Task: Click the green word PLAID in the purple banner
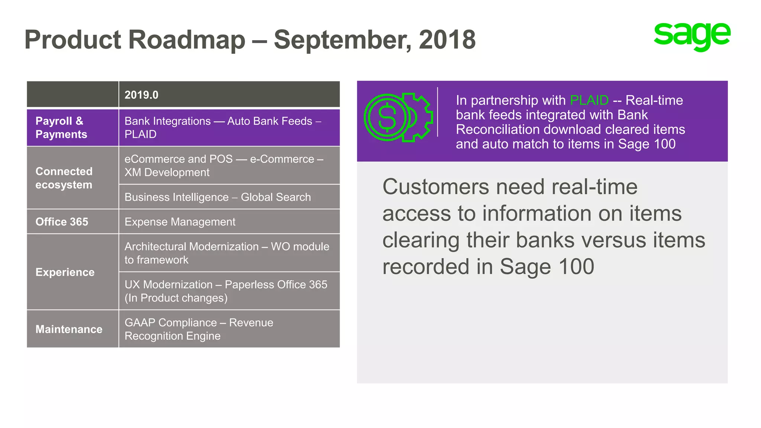589,100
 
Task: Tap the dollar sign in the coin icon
387,117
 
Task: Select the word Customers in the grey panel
435,187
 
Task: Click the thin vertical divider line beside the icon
437,112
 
